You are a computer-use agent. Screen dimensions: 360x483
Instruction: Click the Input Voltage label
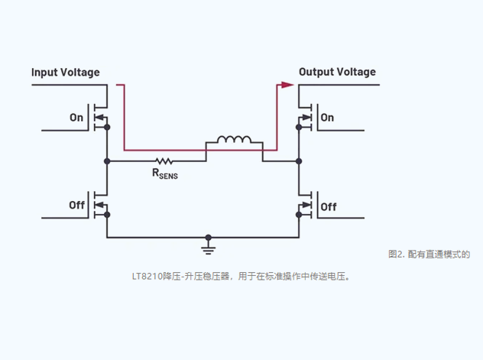pos(65,73)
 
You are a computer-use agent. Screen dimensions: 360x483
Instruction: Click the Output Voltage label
pos(337,72)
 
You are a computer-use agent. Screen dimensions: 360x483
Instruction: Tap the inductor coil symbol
pos(234,140)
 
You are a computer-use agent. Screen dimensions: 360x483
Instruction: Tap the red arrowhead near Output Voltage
pos(287,85)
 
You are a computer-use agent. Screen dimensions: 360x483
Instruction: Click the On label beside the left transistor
pos(76,118)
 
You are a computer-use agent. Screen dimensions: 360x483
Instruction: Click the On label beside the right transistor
pos(327,118)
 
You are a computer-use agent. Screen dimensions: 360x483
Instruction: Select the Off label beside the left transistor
pos(76,205)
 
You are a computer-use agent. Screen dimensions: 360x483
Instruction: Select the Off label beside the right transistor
pos(329,206)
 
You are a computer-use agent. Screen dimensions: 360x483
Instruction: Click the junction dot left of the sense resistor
pos(107,161)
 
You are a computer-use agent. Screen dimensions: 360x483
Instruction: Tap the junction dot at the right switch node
pos(298,161)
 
